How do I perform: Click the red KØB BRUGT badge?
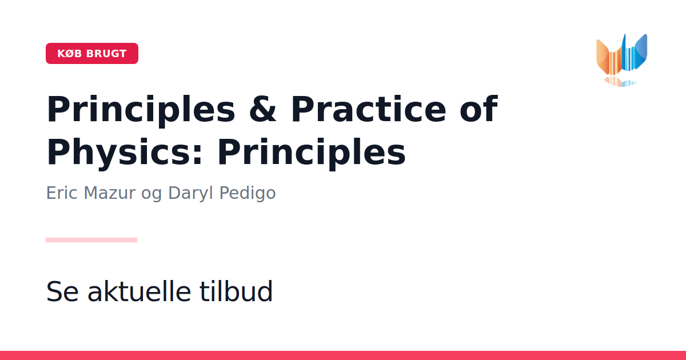pos(92,53)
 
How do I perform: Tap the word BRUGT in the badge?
pos(106,54)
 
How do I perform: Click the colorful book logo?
pos(622,60)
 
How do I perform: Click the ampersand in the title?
pos(263,109)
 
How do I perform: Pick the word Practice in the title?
pos(369,109)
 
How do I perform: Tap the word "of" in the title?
pos(479,108)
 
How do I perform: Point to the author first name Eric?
pos(62,193)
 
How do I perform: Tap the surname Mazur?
pos(109,193)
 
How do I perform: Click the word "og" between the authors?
pos(151,195)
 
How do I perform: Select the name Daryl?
pos(190,194)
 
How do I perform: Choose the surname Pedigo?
pos(248,194)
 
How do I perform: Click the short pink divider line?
pos(91,240)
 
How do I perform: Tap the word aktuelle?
pos(139,291)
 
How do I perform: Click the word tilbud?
pos(236,291)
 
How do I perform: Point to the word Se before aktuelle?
pos(62,291)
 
